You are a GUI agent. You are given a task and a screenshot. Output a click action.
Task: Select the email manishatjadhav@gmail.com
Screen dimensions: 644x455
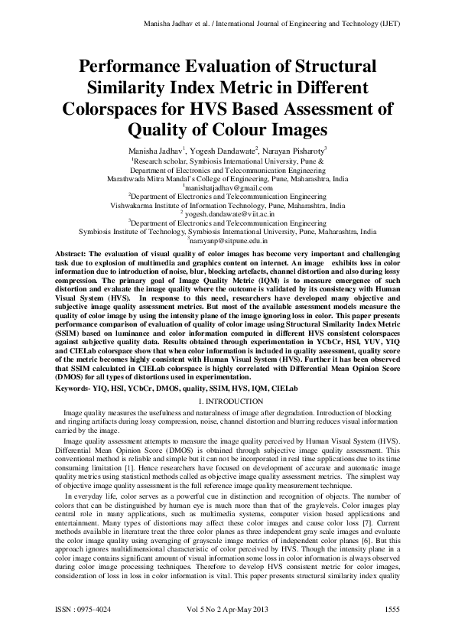point(228,187)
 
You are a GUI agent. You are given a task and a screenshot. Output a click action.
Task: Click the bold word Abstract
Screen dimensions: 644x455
point(73,252)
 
